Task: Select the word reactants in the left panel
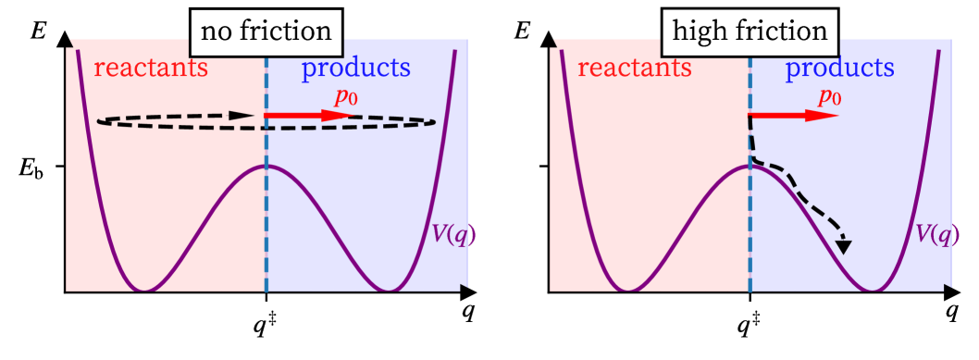pyautogui.click(x=151, y=68)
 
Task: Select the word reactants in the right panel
pyautogui.click(x=635, y=68)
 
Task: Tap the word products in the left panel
pyautogui.click(x=356, y=68)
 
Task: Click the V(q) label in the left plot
pyautogui.click(x=452, y=234)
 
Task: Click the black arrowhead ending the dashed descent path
pyautogui.click(x=844, y=245)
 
